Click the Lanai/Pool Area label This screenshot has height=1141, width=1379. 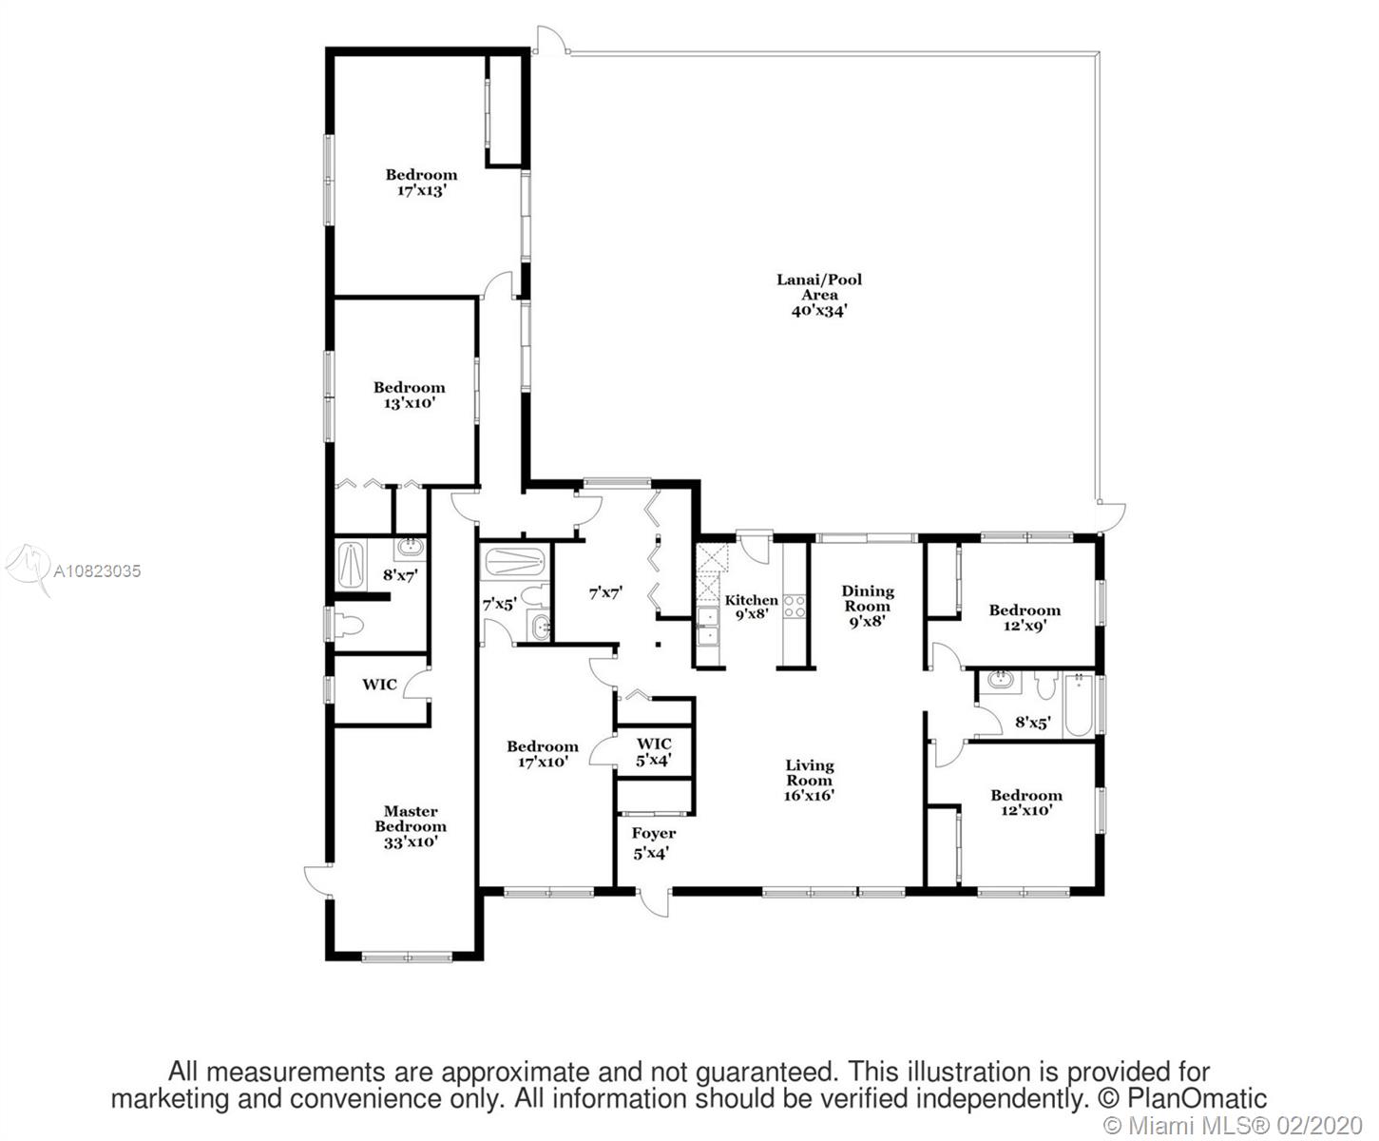point(819,295)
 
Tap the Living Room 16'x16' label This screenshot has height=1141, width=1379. point(809,781)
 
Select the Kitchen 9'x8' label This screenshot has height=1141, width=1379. point(752,608)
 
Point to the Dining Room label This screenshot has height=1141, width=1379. point(868,598)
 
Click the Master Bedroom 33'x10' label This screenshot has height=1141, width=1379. point(411,826)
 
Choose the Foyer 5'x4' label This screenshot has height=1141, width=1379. point(653,843)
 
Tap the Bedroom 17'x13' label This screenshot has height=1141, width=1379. point(421,183)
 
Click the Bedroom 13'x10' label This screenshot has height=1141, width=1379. point(410,396)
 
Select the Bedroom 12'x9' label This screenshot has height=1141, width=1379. point(1025,618)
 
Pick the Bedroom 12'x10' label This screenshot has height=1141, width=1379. point(1026,803)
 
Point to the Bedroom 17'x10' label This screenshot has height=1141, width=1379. point(543,754)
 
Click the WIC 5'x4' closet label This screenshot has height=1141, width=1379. point(654,752)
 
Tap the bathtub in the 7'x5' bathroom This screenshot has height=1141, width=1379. point(514,563)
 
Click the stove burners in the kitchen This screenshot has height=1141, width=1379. point(794,607)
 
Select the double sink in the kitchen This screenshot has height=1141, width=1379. point(709,627)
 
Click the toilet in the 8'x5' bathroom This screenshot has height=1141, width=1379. point(1046,686)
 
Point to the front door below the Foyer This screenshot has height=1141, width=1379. point(654,902)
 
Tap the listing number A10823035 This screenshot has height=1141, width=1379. point(97,570)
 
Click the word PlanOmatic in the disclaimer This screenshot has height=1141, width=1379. point(1197,1098)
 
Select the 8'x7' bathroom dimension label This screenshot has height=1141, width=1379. point(400,575)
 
